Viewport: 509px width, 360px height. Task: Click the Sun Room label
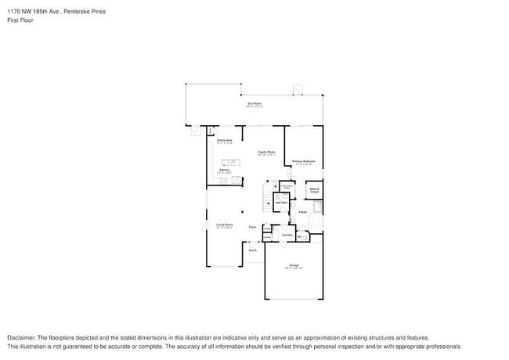(x=254, y=103)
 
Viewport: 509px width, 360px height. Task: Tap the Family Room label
(x=266, y=152)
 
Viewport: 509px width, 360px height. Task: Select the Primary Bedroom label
(x=304, y=162)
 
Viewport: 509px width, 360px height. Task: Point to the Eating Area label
(x=224, y=141)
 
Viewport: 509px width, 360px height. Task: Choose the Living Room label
(x=224, y=225)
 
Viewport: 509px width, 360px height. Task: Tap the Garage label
(x=294, y=266)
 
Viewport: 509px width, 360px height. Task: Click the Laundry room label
(x=287, y=235)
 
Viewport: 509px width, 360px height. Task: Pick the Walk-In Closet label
(x=313, y=189)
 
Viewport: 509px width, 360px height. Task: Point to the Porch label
(x=253, y=250)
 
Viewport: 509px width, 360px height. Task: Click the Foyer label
(x=252, y=227)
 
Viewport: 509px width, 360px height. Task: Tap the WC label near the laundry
(x=300, y=236)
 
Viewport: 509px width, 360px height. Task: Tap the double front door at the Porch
(x=252, y=243)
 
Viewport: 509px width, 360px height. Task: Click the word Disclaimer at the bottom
(x=21, y=337)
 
